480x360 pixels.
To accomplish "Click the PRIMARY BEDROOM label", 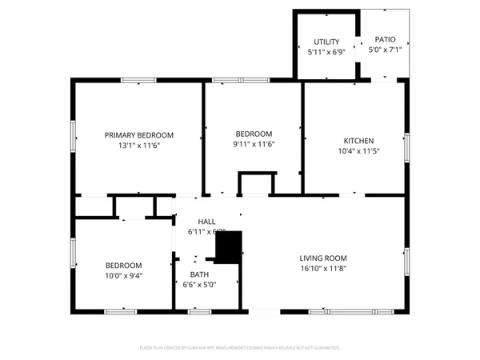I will point(138,135).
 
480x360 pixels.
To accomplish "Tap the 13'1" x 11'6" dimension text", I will point(138,146).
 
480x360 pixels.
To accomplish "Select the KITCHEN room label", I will point(353,139).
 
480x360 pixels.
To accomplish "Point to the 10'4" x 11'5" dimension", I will point(353,150).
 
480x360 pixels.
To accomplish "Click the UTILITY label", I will point(326,42).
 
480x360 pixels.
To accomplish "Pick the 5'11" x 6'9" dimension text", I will point(326,52).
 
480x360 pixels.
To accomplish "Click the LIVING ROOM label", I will point(322,258).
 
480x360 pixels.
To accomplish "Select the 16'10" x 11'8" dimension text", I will point(322,269).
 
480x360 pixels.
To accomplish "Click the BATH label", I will point(199,274).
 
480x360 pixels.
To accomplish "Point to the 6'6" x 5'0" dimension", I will point(199,285).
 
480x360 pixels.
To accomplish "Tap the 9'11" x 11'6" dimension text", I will point(254,144).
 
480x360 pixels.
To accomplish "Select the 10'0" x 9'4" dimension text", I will point(123,276).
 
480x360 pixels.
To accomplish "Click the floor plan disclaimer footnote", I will point(240,348).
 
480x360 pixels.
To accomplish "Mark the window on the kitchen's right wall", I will point(406,146).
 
